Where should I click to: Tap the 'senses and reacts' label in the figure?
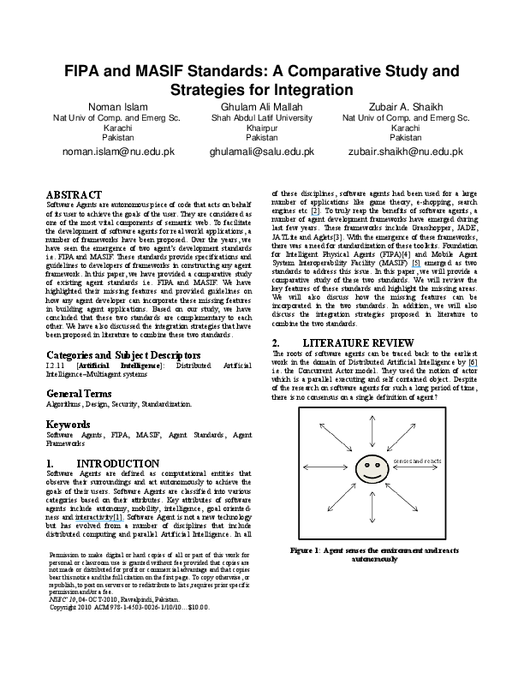[x=416, y=461]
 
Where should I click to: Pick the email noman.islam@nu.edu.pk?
[x=107, y=152]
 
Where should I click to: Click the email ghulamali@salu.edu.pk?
[x=261, y=152]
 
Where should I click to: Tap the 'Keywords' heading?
[x=68, y=424]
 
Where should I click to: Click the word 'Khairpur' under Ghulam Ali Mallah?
[x=261, y=127]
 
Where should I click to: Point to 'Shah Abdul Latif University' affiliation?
[x=261, y=117]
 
